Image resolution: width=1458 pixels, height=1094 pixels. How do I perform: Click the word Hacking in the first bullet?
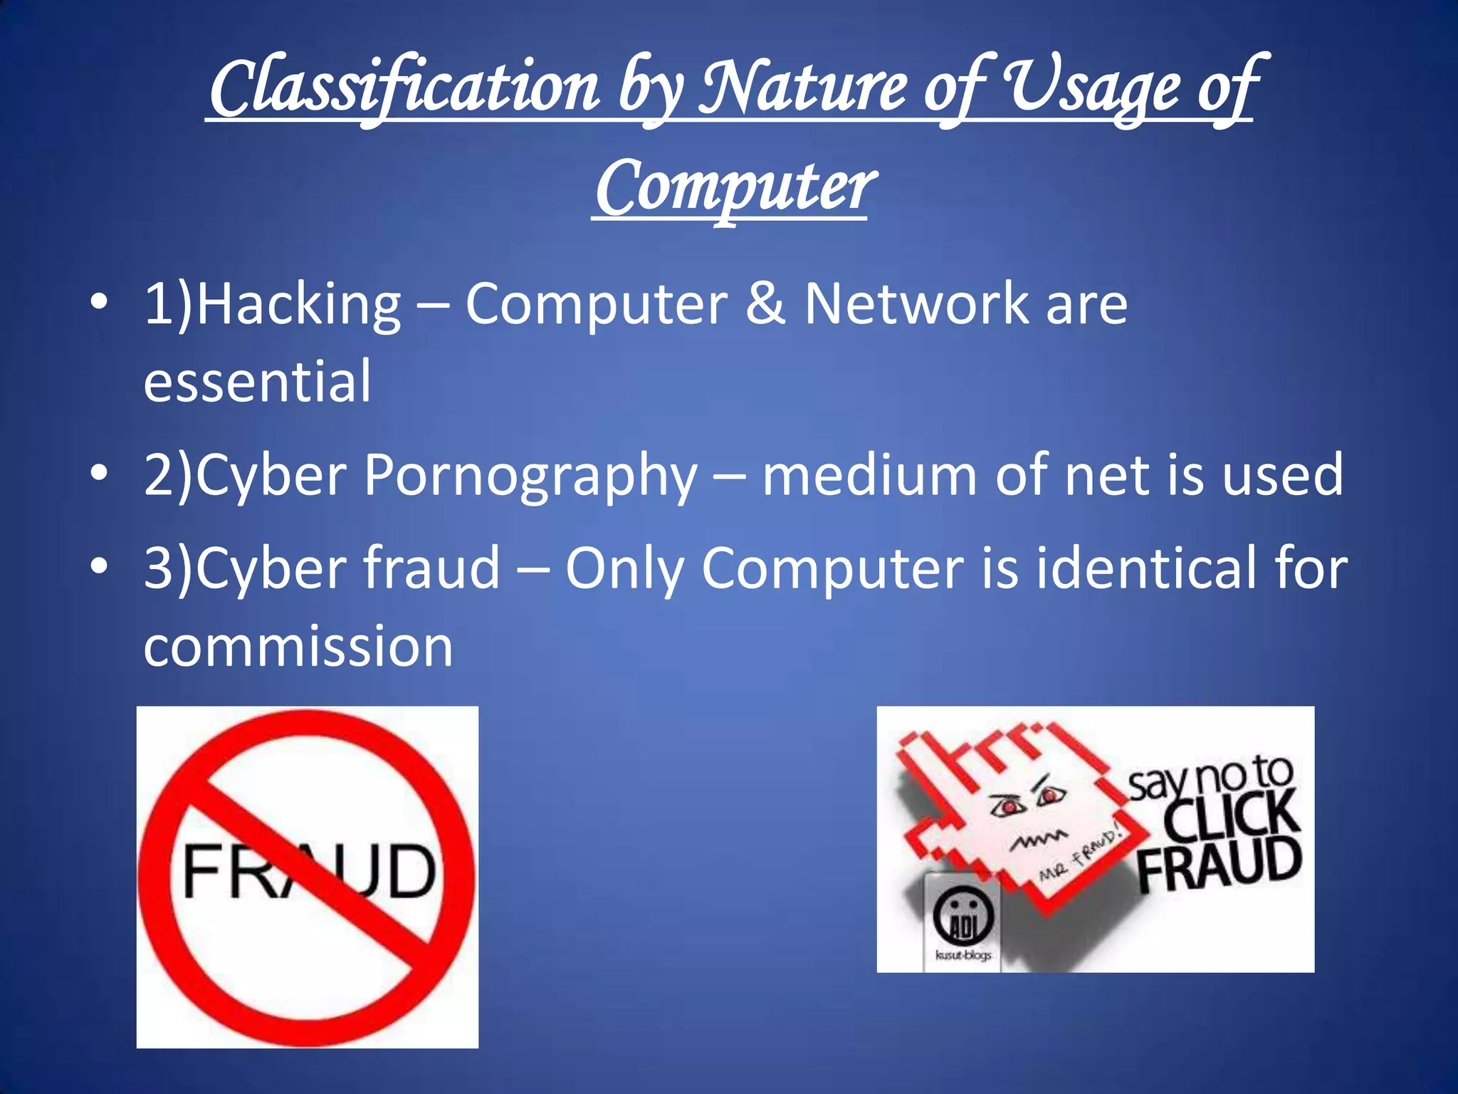point(298,305)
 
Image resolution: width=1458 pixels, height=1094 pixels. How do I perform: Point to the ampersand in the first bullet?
point(765,304)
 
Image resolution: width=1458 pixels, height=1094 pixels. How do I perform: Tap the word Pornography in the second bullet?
point(530,476)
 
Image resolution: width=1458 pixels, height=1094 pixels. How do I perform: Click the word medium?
point(869,475)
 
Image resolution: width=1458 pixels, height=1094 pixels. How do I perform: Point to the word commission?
point(298,647)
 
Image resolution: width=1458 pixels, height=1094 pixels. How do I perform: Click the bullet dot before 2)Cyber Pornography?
point(100,472)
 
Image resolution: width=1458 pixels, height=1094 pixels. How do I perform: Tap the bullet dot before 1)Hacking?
point(100,302)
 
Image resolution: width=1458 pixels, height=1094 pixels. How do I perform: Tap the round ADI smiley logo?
point(963,919)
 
